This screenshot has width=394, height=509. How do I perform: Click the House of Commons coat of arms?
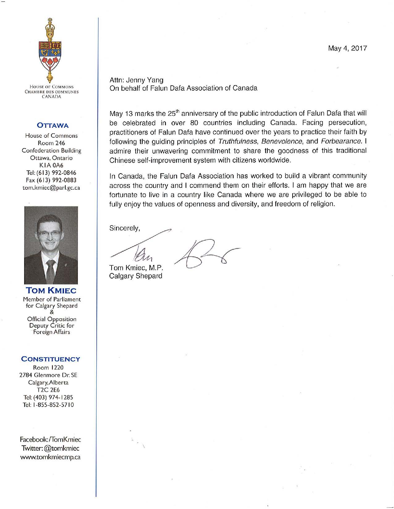(51, 49)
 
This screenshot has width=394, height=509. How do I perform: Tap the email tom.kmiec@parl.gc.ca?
(52, 188)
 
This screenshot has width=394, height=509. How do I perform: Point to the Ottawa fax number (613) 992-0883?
(51, 180)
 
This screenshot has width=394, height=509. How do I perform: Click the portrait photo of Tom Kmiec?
(51, 245)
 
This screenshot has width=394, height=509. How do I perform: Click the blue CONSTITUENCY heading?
(51, 359)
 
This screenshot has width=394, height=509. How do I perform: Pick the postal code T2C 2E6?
(51, 390)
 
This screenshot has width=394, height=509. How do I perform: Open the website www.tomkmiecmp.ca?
(51, 457)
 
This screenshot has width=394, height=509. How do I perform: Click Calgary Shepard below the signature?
(136, 276)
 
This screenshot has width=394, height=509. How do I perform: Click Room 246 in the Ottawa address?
(51, 143)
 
